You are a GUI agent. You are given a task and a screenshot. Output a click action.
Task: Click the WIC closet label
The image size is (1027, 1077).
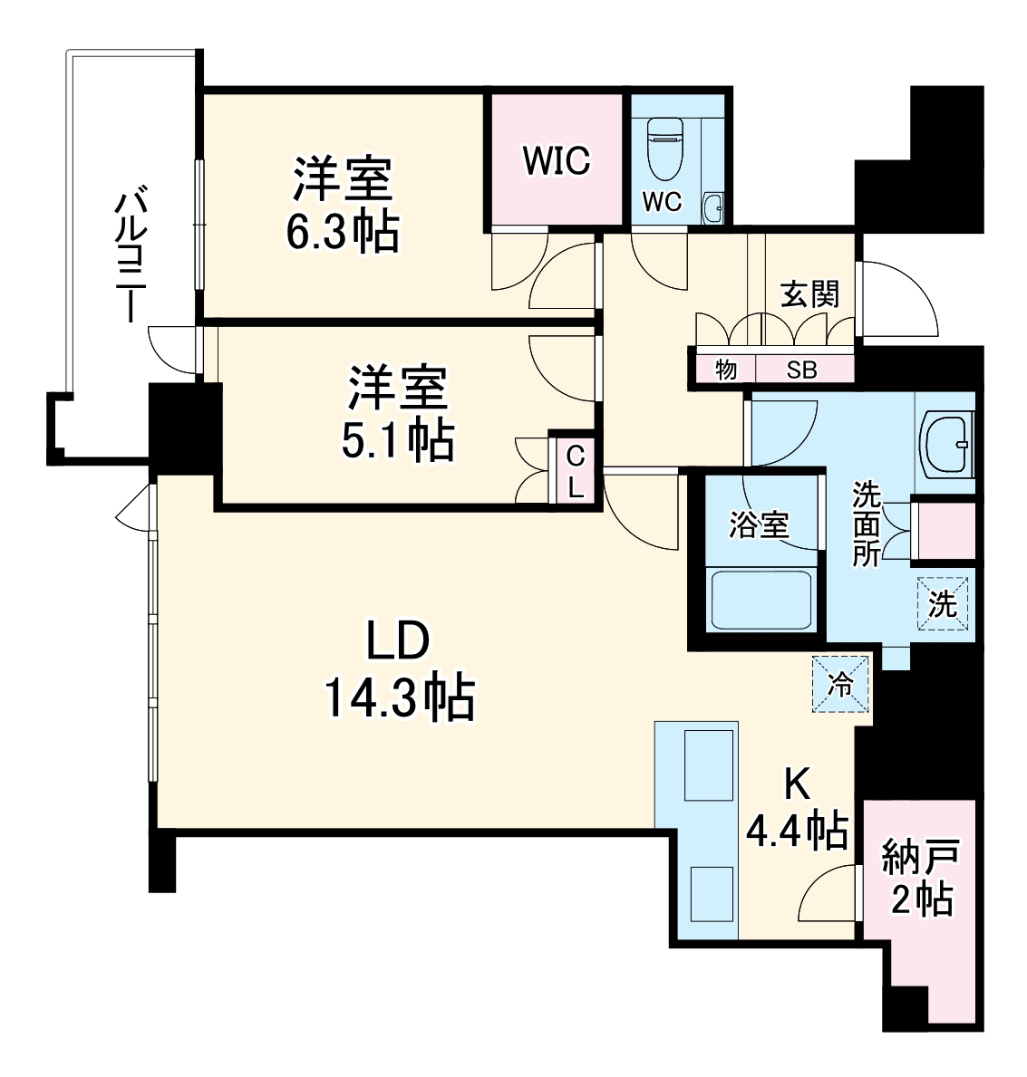tap(557, 160)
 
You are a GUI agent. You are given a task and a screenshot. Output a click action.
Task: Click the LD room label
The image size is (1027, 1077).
tap(396, 643)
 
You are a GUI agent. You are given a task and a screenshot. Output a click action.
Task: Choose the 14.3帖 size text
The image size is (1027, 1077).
tap(398, 698)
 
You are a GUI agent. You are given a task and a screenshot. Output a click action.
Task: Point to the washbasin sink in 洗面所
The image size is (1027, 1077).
tap(947, 444)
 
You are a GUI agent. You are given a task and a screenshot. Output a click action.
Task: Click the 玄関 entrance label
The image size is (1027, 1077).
tap(810, 294)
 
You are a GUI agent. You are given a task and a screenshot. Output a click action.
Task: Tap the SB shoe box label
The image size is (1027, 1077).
tap(801, 370)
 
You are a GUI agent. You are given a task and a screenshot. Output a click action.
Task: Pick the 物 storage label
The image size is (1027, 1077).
tap(725, 370)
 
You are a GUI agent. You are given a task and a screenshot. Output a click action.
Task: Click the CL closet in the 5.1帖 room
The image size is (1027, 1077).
tap(575, 472)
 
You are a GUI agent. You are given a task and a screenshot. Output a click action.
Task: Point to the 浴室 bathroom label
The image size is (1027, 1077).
tap(759, 524)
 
